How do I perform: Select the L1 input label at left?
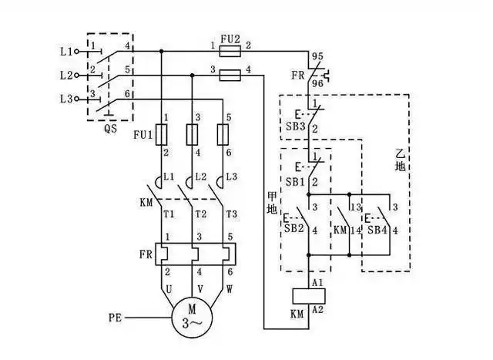[x=65, y=52]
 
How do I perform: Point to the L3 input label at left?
[x=65, y=99]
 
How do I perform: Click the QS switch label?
[x=110, y=130]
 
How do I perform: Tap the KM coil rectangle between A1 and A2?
[x=308, y=295]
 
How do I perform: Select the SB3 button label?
[x=296, y=126]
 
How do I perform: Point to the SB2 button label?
[x=293, y=229]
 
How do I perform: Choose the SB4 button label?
[x=377, y=229]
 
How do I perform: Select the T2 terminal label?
[x=203, y=214]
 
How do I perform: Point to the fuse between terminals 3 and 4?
[x=228, y=76]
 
